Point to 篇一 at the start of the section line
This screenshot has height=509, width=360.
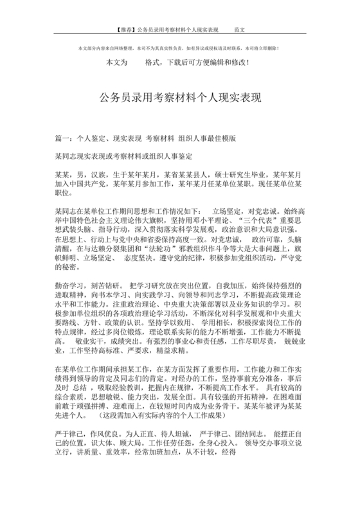(x=63, y=138)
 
